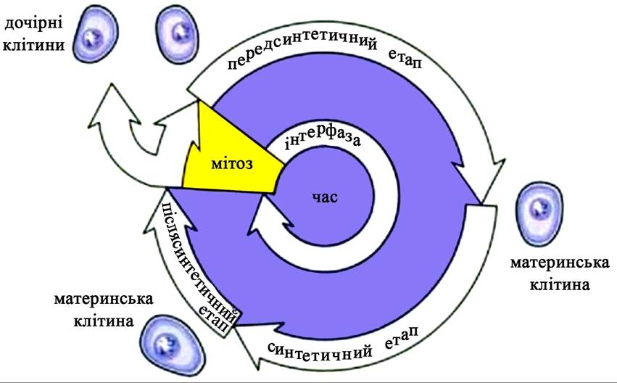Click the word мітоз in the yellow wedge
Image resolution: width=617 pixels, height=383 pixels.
point(232,163)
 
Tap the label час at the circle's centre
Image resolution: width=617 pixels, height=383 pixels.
point(325,197)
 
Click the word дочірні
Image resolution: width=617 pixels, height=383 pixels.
point(33,25)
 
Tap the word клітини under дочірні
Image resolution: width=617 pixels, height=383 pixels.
point(33,45)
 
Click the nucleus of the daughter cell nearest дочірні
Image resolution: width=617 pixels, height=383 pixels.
point(91,37)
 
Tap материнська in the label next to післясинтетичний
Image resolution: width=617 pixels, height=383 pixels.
point(104,300)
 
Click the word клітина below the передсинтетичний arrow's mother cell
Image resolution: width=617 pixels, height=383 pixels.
point(560,284)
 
